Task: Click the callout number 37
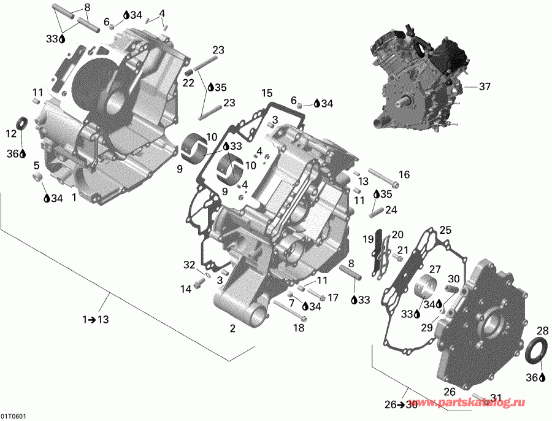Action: pyautogui.click(x=485, y=87)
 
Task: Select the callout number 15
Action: pyautogui.click(x=266, y=93)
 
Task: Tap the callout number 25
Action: pyautogui.click(x=445, y=230)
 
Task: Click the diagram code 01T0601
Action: pyautogui.click(x=13, y=415)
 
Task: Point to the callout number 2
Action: pyautogui.click(x=233, y=329)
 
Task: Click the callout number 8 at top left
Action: pyautogui.click(x=86, y=7)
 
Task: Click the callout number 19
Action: pyautogui.click(x=368, y=239)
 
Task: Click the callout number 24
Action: pyautogui.click(x=391, y=209)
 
